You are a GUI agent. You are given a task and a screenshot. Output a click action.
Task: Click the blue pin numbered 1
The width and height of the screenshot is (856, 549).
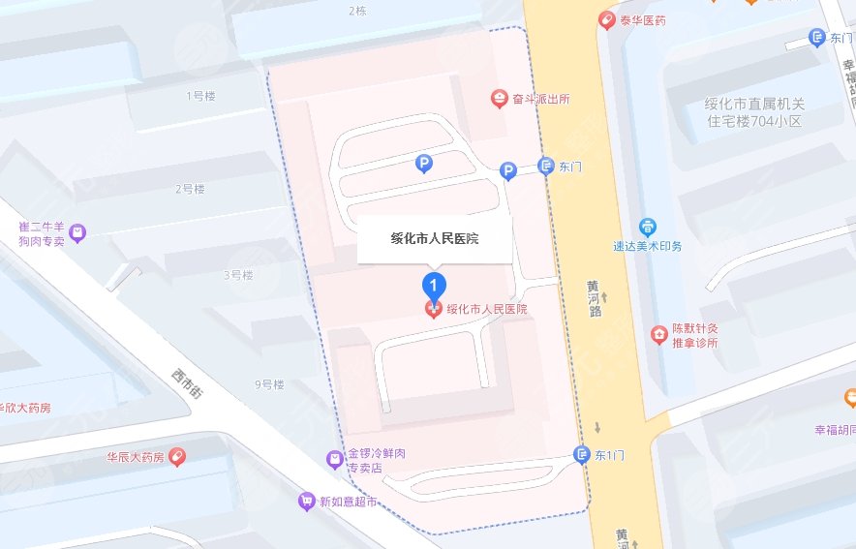coord(435,285)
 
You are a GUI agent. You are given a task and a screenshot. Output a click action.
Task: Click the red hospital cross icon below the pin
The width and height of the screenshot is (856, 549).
coord(435,310)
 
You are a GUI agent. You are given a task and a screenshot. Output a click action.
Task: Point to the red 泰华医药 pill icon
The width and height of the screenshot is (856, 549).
coord(607,17)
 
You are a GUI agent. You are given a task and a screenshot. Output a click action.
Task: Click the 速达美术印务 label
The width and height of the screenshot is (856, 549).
coord(648,246)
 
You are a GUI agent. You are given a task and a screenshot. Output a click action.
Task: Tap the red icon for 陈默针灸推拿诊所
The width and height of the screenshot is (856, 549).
coord(658,335)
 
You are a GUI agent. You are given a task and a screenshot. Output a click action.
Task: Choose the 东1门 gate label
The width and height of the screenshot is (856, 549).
coord(608,454)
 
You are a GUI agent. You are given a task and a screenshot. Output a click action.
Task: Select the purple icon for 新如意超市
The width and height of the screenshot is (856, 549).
coord(306,502)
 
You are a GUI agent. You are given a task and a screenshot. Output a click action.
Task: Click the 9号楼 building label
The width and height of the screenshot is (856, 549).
coord(270,384)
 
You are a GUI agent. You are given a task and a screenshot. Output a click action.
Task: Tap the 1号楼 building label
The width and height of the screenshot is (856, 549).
coord(199,96)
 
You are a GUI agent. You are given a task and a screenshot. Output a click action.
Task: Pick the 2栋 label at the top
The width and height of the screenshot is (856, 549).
coord(356,12)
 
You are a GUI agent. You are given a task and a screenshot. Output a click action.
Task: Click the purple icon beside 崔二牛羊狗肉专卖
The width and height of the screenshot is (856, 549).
coord(77,232)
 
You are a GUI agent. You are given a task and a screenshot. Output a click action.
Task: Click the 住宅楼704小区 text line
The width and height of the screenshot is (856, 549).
coord(754,122)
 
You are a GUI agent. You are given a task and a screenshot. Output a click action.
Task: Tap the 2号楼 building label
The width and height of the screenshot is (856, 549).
coord(190,189)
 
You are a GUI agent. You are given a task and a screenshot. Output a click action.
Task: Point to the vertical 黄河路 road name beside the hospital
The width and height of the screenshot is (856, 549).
coord(594,299)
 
